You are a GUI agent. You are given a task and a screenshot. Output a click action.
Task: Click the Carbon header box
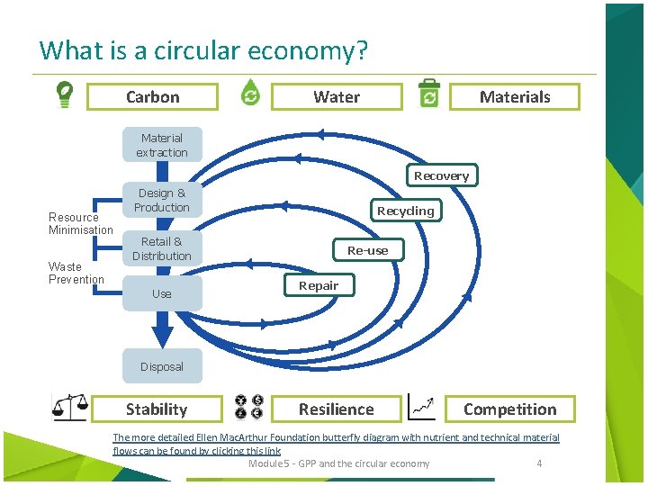tap(153, 97)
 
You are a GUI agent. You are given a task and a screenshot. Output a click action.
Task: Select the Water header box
tap(337, 97)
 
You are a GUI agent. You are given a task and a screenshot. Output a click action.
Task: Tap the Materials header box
tap(515, 97)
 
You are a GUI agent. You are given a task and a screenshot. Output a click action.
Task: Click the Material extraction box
tap(162, 145)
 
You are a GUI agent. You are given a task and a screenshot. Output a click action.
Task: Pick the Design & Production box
tap(162, 200)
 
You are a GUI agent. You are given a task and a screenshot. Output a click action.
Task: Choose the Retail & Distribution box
tap(162, 248)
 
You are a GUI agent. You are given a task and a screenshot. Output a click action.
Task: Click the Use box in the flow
tap(162, 293)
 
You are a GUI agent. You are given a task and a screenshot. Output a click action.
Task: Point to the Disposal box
tap(162, 366)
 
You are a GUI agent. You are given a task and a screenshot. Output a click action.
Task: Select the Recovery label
tap(441, 175)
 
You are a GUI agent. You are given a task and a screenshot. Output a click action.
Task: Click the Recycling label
tap(405, 211)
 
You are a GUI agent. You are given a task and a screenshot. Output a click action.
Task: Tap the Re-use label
tap(367, 250)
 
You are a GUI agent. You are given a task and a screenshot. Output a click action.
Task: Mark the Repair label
tap(319, 285)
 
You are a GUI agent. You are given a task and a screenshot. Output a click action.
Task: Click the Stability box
tap(157, 409)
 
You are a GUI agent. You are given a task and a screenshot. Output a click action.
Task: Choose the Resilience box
tap(336, 409)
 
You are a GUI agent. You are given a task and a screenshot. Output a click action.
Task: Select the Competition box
tap(509, 409)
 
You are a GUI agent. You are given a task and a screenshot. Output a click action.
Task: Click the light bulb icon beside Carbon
tap(66, 94)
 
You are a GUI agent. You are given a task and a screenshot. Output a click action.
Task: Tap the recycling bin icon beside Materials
tap(429, 94)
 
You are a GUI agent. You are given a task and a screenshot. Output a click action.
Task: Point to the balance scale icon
tap(69, 409)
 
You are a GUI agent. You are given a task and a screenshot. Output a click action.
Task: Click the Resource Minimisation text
tap(80, 223)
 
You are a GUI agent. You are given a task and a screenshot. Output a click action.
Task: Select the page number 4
tap(539, 463)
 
